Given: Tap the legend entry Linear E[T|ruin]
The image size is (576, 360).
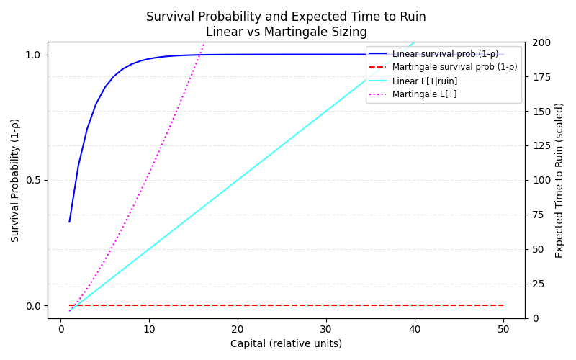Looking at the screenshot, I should [424, 81].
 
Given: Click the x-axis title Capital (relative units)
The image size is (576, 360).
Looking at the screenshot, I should [286, 343].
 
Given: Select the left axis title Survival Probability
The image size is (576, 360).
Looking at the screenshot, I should [15, 180].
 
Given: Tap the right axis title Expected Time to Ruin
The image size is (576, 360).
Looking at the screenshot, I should [559, 180].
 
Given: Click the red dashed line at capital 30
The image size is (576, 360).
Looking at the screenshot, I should [326, 305].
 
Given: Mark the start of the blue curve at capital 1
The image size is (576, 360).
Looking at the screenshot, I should [69, 222].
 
